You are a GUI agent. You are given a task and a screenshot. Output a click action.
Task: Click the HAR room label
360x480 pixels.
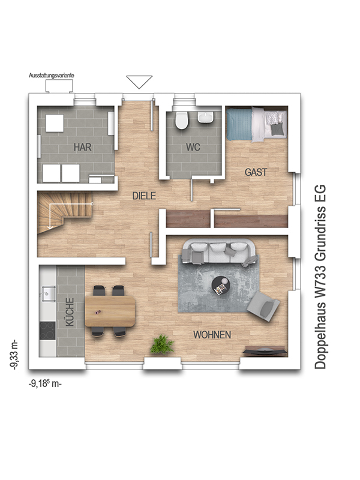[x=83, y=147]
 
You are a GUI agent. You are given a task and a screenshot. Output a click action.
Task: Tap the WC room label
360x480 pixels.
[x=193, y=147]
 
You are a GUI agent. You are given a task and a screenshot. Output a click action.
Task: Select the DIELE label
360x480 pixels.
[x=144, y=196]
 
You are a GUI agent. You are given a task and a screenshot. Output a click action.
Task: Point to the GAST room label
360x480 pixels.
[x=256, y=172]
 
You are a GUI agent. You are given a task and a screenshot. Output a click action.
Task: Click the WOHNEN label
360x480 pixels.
[x=212, y=335]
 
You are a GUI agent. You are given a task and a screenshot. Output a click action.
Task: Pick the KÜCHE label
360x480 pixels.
[x=70, y=312]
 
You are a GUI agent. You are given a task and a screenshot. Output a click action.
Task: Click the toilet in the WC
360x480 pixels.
[x=181, y=120]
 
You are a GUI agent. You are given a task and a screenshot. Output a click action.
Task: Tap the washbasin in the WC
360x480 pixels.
[x=206, y=117]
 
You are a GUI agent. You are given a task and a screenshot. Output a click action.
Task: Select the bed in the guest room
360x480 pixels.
[x=257, y=124]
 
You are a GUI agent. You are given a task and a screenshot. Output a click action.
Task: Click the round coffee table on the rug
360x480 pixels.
[x=221, y=286]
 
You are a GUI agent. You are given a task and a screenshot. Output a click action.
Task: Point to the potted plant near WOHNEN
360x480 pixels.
[x=162, y=344]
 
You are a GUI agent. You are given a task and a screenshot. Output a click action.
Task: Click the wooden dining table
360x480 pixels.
[x=110, y=311]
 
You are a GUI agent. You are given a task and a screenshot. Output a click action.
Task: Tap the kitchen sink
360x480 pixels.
[x=47, y=293]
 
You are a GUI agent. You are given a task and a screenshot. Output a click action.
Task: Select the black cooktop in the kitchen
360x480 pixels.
[x=47, y=331]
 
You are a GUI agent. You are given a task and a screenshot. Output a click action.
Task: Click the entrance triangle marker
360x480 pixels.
[x=139, y=82]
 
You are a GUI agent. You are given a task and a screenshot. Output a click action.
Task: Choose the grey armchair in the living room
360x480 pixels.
[x=263, y=306]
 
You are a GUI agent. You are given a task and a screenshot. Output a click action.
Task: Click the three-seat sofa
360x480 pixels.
[x=218, y=252]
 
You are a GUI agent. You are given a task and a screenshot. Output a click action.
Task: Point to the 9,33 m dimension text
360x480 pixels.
[x=14, y=355]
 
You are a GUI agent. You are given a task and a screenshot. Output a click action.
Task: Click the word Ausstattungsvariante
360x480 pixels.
[x=52, y=76]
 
